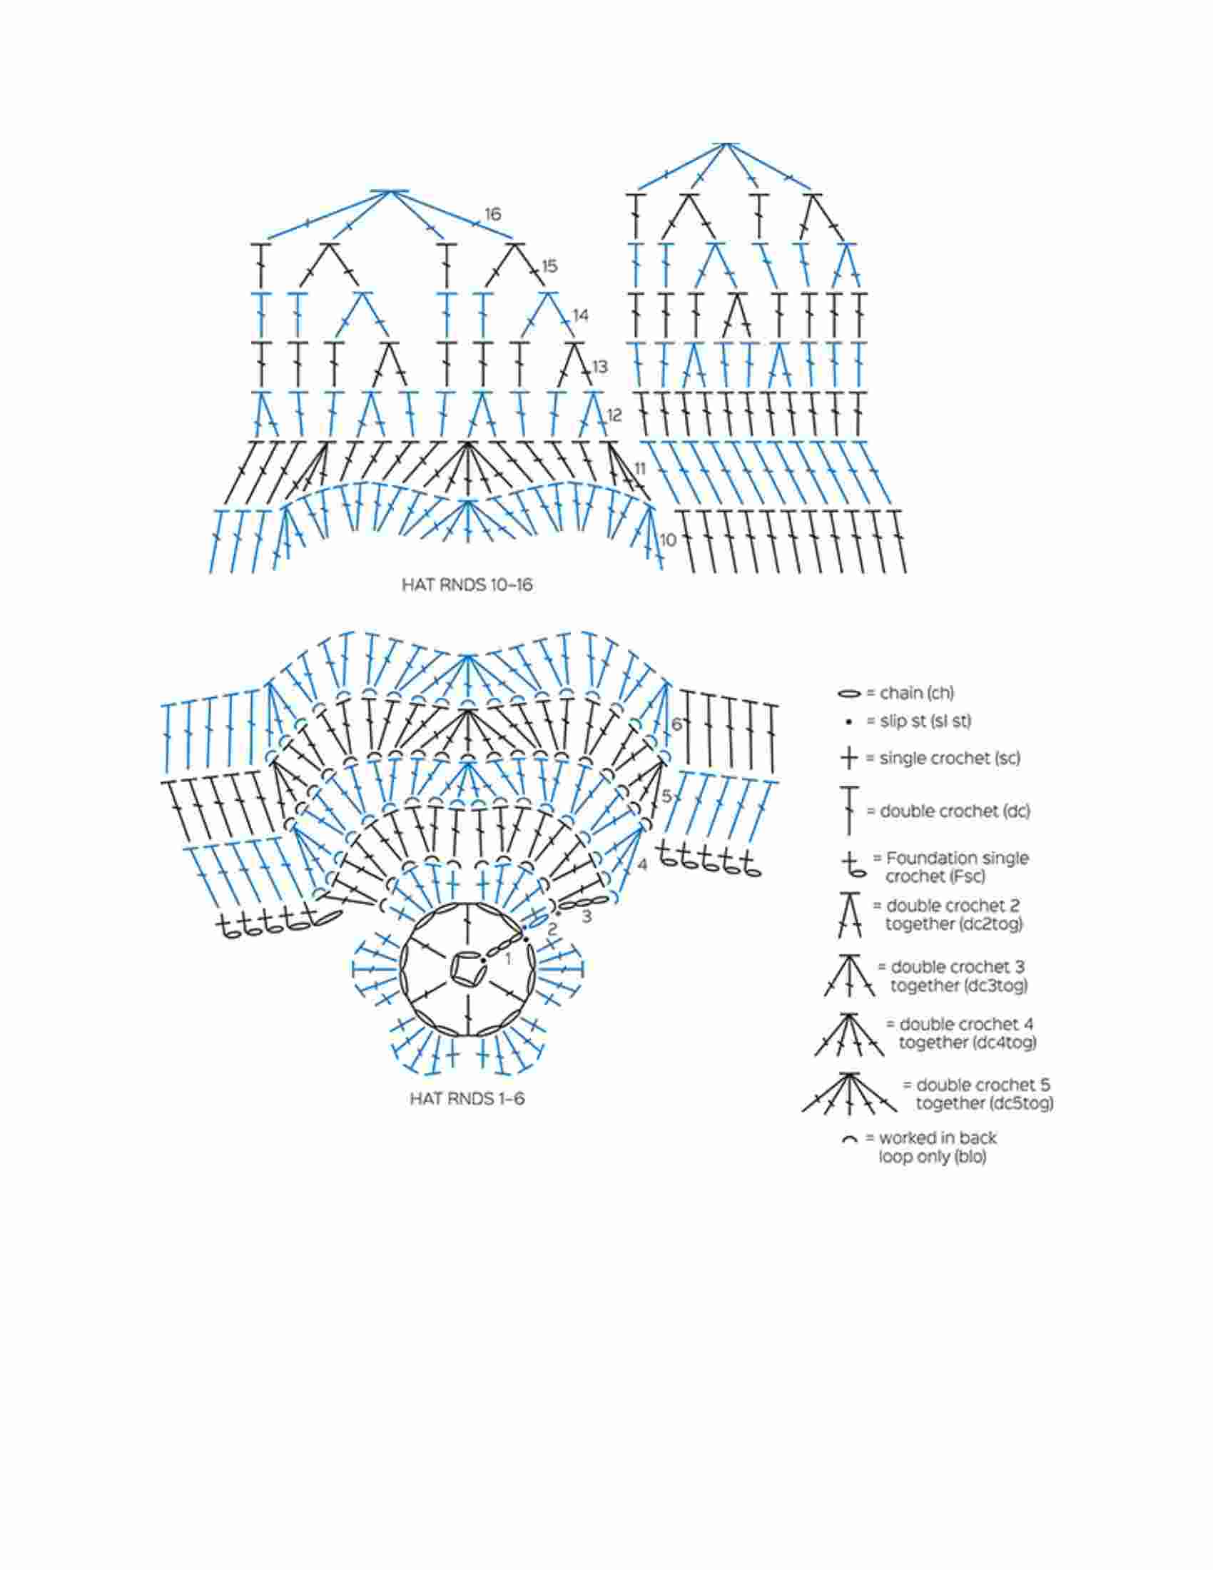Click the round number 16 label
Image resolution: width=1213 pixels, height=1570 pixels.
pyautogui.click(x=492, y=214)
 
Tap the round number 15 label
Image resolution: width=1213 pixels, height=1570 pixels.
pyautogui.click(x=549, y=266)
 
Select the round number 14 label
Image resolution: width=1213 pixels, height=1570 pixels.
pyautogui.click(x=581, y=315)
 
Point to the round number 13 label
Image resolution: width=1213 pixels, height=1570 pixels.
pyautogui.click(x=599, y=367)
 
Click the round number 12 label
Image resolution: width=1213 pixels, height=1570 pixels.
pyautogui.click(x=614, y=415)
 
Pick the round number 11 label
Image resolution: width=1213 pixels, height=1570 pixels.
pyautogui.click(x=639, y=470)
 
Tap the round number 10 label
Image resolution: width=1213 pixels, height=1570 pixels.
pyautogui.click(x=668, y=540)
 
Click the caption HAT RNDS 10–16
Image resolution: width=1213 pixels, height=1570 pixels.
pyautogui.click(x=467, y=585)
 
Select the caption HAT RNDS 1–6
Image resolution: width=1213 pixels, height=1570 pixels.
pyautogui.click(x=467, y=1099)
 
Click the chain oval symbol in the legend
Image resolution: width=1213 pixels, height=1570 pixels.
pyautogui.click(x=848, y=694)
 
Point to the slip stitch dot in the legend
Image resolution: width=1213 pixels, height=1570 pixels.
pyautogui.click(x=849, y=721)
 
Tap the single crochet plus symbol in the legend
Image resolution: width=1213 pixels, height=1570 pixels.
pyautogui.click(x=849, y=758)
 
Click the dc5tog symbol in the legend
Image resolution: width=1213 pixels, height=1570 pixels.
pyautogui.click(x=849, y=1092)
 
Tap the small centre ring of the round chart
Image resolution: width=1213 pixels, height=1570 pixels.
pyautogui.click(x=467, y=968)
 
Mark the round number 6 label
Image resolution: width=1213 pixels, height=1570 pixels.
pyautogui.click(x=676, y=724)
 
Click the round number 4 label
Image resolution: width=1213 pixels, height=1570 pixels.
pyautogui.click(x=641, y=864)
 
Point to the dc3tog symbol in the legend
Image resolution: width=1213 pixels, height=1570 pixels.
pyautogui.click(x=849, y=976)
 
